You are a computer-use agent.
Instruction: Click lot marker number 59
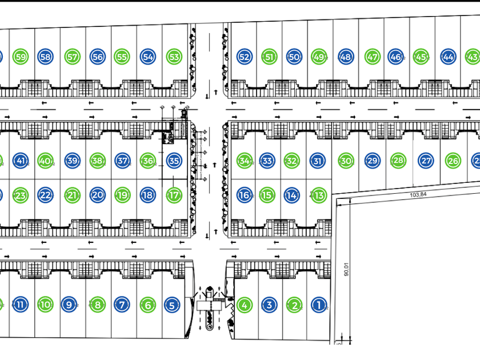(21, 57)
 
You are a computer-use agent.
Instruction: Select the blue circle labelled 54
(148, 57)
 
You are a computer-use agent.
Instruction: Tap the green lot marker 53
(174, 57)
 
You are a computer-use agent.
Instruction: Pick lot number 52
(244, 57)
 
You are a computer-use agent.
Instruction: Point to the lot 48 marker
(345, 57)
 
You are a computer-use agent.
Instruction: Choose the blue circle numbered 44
(448, 57)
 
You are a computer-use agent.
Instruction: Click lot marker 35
(174, 161)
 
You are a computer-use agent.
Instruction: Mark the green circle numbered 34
(245, 161)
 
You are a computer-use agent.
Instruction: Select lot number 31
(318, 161)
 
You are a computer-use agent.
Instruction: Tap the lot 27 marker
(426, 161)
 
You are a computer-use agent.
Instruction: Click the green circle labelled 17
(174, 195)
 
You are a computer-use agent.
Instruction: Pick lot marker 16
(245, 195)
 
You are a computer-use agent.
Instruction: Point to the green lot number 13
(318, 195)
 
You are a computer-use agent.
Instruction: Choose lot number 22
(46, 195)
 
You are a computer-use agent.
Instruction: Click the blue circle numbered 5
(172, 305)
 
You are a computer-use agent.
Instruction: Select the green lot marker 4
(245, 305)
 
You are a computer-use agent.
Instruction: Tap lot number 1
(319, 305)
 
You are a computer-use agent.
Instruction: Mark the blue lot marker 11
(21, 305)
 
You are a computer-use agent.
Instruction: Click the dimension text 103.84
(419, 194)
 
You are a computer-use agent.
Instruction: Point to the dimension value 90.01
(345, 269)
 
